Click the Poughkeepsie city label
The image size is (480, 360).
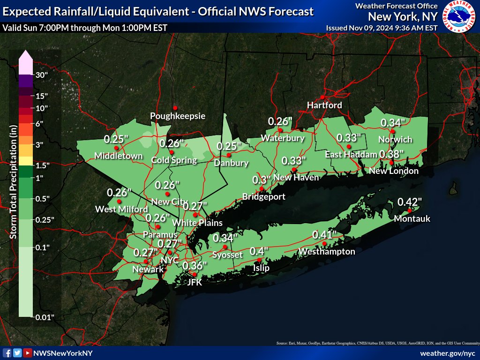coord(178,116)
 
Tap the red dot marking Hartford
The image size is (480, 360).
coord(322,97)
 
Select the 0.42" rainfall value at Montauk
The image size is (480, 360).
coord(410,202)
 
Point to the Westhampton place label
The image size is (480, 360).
coord(327,252)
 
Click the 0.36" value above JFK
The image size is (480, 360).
coord(195,266)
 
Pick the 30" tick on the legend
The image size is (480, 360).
coord(42,75)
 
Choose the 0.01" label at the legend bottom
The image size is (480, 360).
coord(45,317)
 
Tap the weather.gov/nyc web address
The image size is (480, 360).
coord(449,353)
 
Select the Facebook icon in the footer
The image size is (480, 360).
coord(7,353)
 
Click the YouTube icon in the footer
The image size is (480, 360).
coord(28,353)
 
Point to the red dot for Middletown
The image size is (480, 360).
coord(116,148)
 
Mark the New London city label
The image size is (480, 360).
coord(394,171)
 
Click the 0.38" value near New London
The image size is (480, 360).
coord(391,154)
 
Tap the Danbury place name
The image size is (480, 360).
coord(231,163)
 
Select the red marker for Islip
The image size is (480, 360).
coord(259,260)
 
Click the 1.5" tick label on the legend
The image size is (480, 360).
coord(43,165)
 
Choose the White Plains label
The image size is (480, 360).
coord(197,223)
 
